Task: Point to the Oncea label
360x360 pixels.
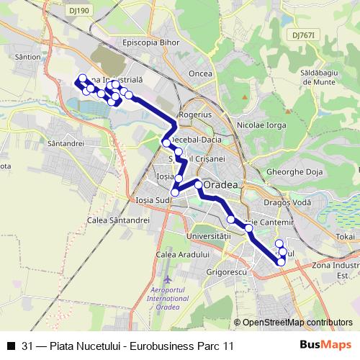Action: (199, 73)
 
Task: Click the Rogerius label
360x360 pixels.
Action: (195, 114)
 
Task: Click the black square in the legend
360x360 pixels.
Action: (10, 346)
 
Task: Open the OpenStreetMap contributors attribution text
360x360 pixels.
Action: (297, 323)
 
